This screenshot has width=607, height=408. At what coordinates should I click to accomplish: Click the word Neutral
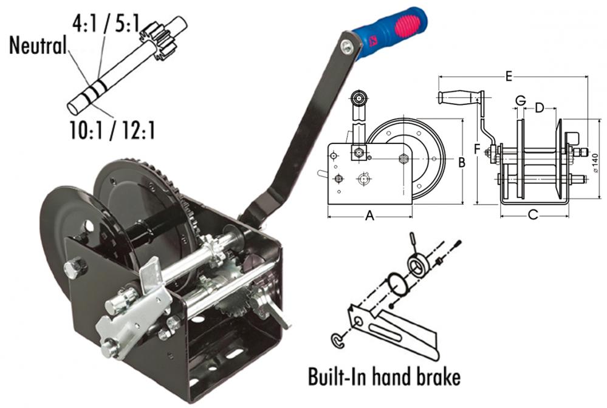click(x=38, y=45)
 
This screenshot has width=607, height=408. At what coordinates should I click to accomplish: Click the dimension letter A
click(x=369, y=216)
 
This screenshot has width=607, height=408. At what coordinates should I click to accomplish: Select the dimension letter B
click(x=461, y=163)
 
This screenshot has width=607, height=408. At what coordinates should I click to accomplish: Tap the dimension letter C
click(x=533, y=214)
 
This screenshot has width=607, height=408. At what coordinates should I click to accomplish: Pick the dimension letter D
click(x=540, y=108)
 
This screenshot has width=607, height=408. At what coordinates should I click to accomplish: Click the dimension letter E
click(x=509, y=76)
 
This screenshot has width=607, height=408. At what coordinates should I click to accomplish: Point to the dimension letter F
click(x=477, y=149)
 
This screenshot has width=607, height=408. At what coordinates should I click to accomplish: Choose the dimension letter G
click(x=521, y=101)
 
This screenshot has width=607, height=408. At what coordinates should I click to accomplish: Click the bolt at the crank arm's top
click(x=346, y=46)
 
